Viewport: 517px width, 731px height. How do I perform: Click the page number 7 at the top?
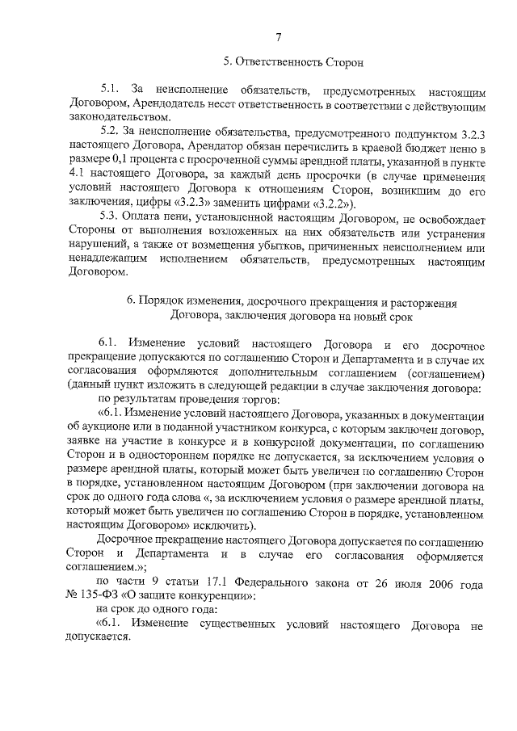[278, 36]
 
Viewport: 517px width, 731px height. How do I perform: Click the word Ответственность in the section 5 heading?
[282, 62]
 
